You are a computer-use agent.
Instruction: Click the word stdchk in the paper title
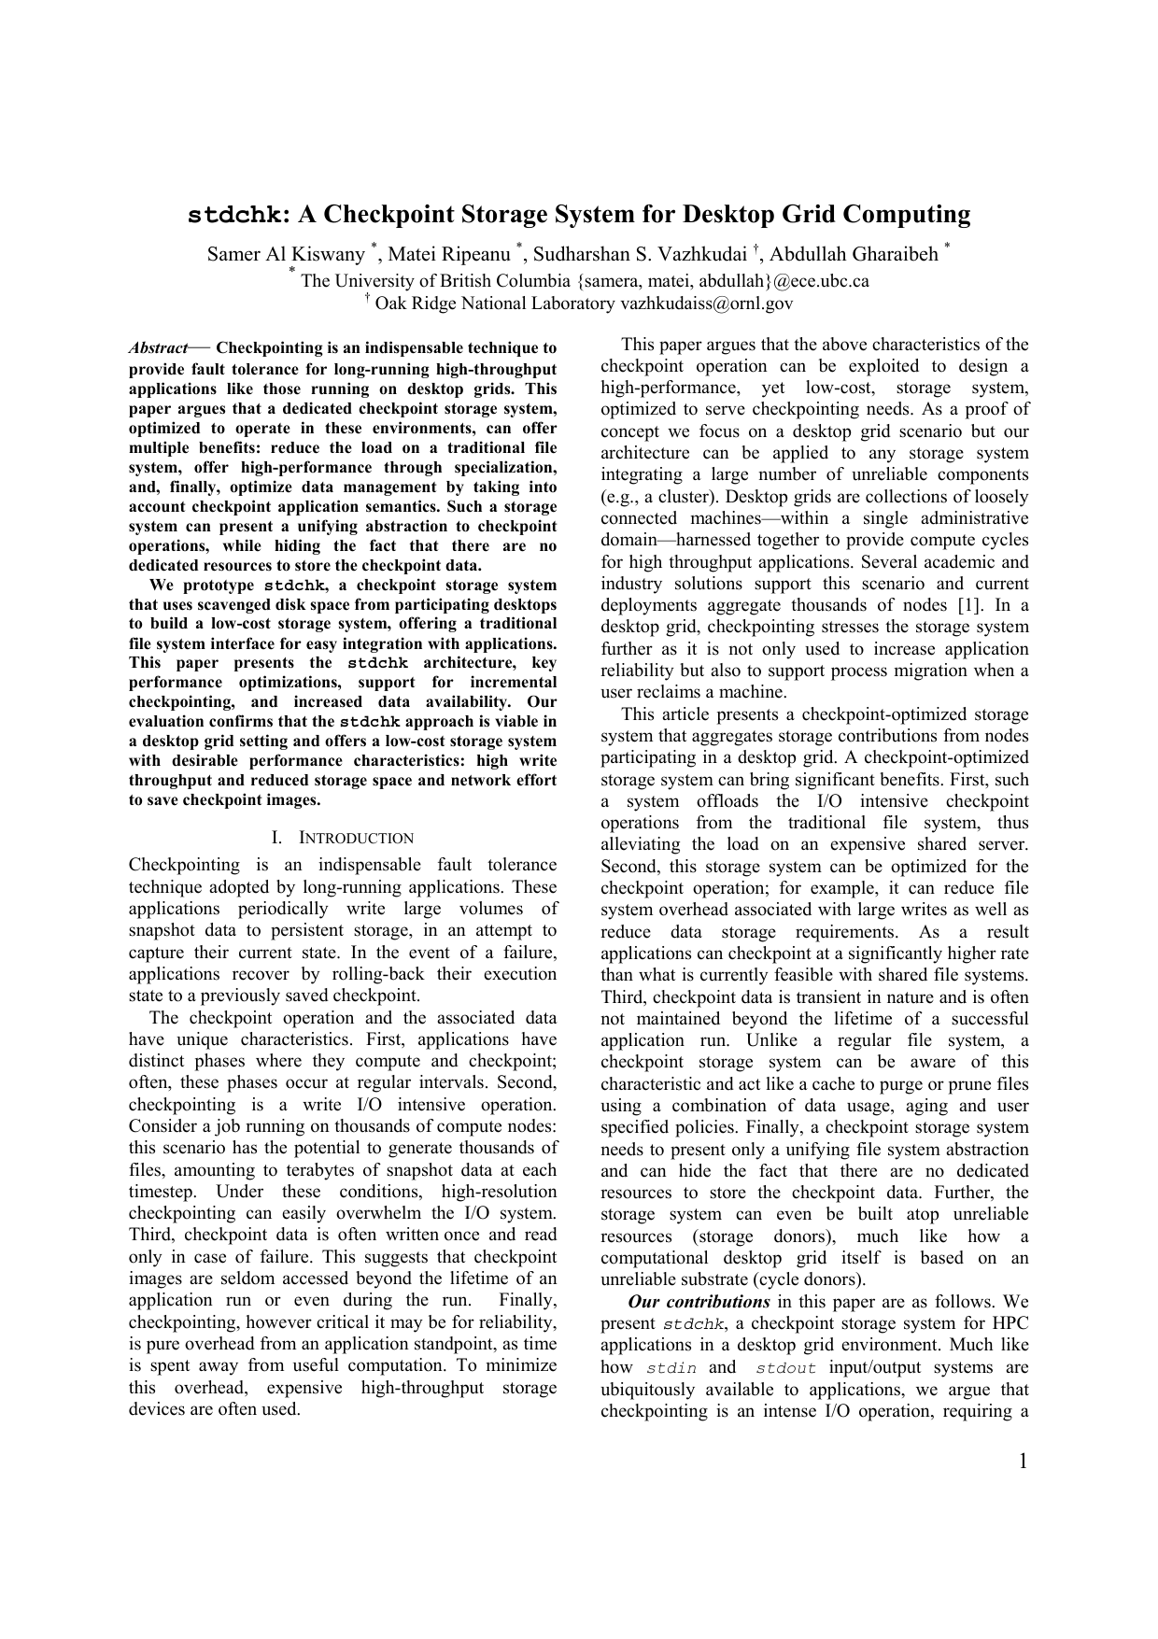pos(233,216)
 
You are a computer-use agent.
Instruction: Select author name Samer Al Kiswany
pos(286,254)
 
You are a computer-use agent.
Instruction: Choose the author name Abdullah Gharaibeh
pos(854,254)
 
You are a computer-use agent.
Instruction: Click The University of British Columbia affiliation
pos(435,281)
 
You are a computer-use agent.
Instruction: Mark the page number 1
pos(1023,1462)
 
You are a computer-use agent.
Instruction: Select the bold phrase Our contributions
pos(699,1302)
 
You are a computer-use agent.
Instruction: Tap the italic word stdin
pos(671,1368)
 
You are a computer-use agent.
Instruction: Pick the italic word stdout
pos(785,1368)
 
